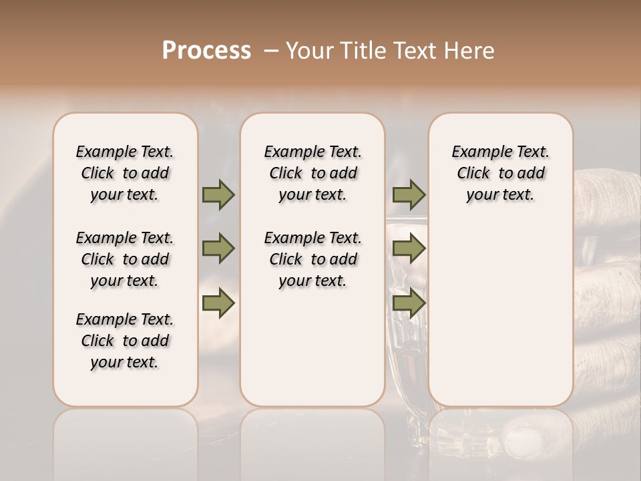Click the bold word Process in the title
click(x=206, y=51)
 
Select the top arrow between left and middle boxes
click(x=218, y=194)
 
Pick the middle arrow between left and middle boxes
click(x=218, y=249)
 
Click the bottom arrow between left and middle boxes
click(x=218, y=303)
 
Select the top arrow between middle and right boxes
click(x=409, y=194)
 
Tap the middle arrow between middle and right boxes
click(x=409, y=249)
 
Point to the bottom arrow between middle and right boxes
click(x=409, y=303)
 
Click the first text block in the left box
click(x=125, y=173)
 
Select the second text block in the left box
click(x=125, y=259)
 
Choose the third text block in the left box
click(x=125, y=341)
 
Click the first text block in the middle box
click(x=312, y=173)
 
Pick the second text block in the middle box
click(x=312, y=259)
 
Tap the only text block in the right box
click(x=500, y=173)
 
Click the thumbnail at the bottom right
click(x=527, y=441)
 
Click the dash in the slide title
click(x=270, y=51)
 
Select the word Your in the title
click(x=311, y=51)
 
